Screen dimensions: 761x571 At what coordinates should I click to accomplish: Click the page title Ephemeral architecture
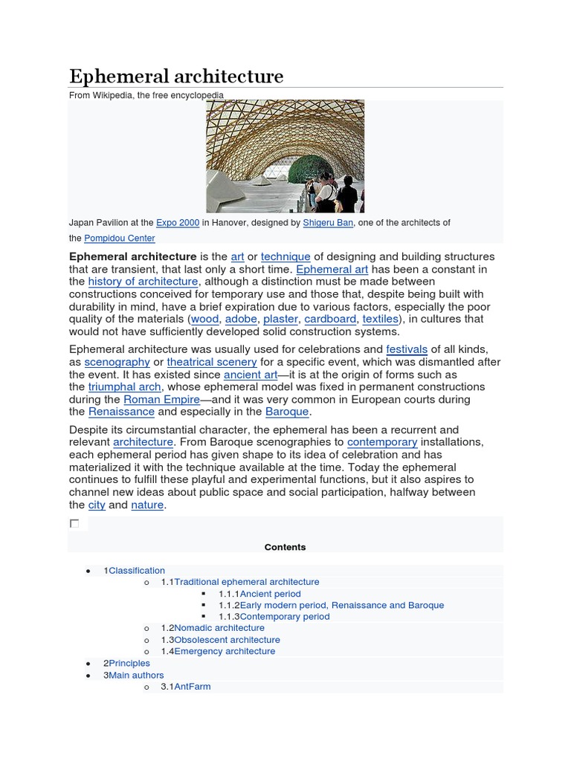click(176, 77)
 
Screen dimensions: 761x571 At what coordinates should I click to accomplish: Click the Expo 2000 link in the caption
click(178, 223)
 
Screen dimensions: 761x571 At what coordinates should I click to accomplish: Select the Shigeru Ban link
click(329, 223)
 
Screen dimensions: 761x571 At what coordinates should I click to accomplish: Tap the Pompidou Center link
click(120, 239)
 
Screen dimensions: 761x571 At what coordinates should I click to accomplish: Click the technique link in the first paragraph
click(285, 256)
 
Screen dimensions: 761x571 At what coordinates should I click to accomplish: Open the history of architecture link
click(143, 282)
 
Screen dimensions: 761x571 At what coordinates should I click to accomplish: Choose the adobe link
click(241, 319)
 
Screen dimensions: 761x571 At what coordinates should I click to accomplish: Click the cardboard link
click(330, 319)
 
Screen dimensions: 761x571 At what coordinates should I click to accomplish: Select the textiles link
click(381, 319)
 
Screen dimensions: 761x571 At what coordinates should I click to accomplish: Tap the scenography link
click(117, 362)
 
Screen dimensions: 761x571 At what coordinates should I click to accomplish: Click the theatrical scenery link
click(212, 362)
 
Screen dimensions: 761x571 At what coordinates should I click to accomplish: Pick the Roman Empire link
click(161, 399)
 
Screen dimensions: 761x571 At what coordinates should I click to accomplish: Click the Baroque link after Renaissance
click(287, 412)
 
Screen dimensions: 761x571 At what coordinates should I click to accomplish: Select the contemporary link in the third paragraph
click(382, 442)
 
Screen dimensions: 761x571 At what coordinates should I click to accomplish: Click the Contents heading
click(285, 547)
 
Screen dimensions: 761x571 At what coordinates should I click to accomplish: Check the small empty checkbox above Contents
click(74, 524)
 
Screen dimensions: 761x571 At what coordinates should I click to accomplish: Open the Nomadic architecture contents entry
click(219, 628)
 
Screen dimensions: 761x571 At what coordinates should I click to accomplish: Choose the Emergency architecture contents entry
click(225, 651)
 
